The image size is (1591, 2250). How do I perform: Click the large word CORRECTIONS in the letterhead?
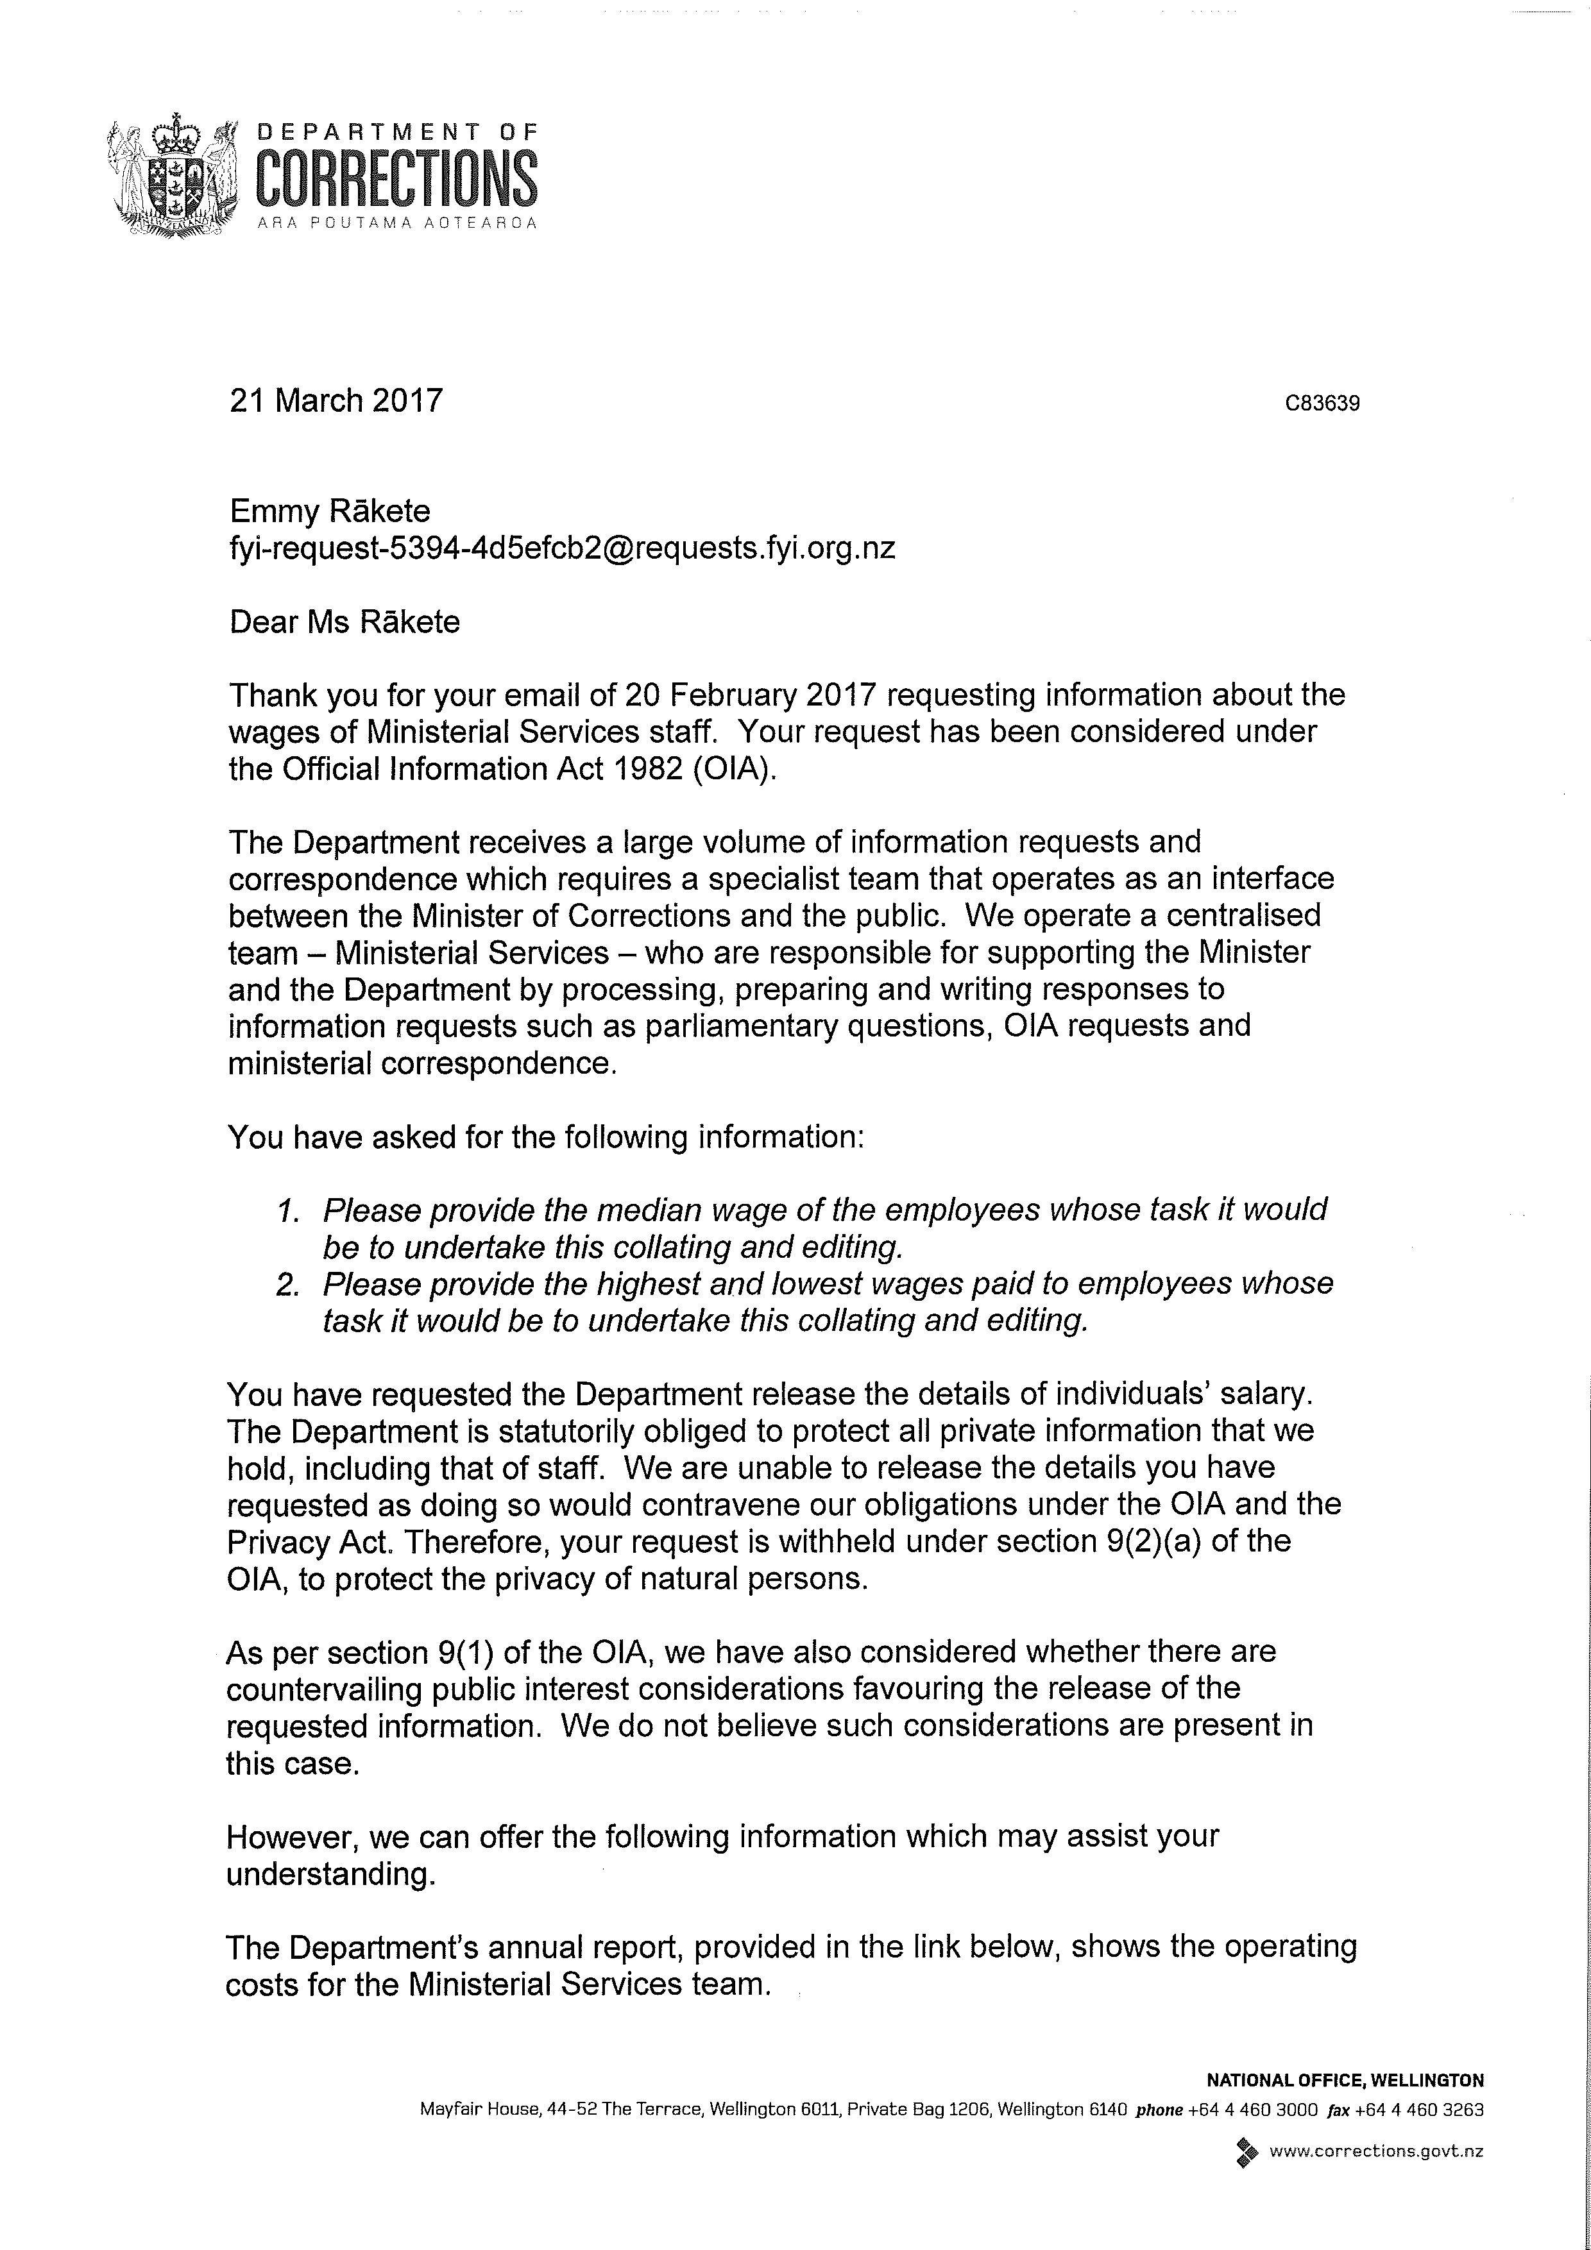click(396, 178)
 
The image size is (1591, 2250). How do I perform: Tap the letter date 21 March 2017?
click(336, 401)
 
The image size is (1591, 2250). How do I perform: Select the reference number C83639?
click(1322, 403)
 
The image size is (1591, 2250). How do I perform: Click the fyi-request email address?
click(562, 547)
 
